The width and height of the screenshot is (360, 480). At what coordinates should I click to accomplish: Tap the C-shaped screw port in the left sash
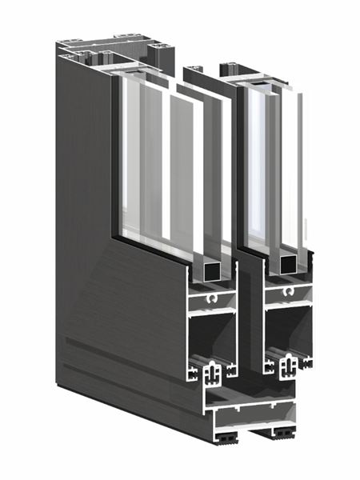tap(211, 300)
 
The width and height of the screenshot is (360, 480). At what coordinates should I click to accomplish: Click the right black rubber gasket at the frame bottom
tap(283, 433)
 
